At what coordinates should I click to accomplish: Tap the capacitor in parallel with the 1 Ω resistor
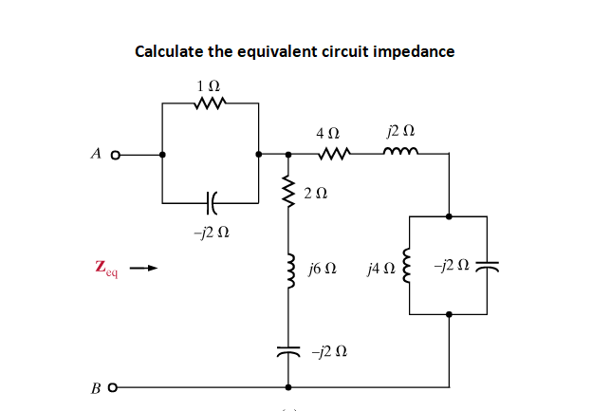pos(210,202)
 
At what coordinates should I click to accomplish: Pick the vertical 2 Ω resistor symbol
pos(286,193)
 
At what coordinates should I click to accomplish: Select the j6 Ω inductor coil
pos(286,271)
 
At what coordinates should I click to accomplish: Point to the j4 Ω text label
pos(379,271)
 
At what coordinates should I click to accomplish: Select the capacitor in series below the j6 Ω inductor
pos(286,351)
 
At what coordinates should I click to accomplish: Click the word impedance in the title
pos(411,51)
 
